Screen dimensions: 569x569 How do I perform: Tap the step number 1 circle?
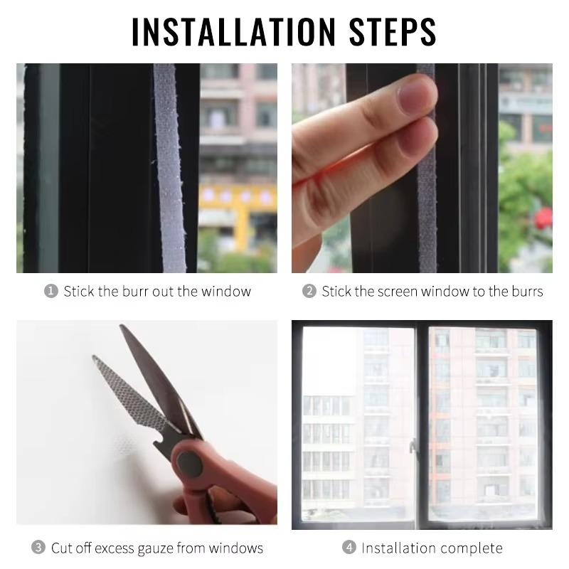(x=50, y=291)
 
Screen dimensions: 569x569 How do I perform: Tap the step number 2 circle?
(x=309, y=291)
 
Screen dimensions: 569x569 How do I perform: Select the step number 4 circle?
(x=349, y=548)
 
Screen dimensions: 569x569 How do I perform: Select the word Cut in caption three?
(x=61, y=548)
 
